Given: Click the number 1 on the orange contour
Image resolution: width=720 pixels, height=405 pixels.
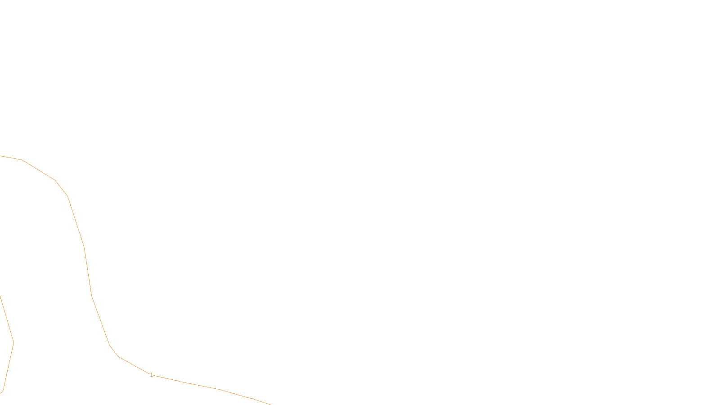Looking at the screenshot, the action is (151, 374).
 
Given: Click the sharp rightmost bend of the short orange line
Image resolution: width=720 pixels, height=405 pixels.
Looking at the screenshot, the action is (13, 342).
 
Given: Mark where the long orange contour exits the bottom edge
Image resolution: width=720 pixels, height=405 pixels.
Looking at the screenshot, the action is (270, 404).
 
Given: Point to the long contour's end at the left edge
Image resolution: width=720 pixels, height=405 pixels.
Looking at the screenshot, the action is (0, 156).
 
